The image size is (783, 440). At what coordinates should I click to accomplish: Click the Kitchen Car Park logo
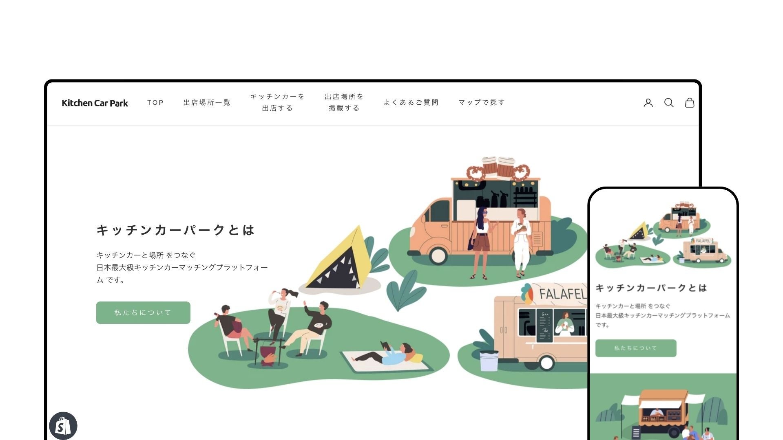click(95, 103)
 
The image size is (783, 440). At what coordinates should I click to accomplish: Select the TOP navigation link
click(155, 103)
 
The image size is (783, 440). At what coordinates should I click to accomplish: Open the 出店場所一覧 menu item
click(207, 103)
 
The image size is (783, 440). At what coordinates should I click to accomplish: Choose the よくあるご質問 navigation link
click(411, 103)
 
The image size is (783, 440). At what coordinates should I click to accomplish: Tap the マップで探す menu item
click(481, 103)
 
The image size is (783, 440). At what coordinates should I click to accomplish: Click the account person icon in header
click(648, 103)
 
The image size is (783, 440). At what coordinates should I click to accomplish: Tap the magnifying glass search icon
click(669, 103)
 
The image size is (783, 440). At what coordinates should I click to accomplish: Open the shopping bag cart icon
click(689, 103)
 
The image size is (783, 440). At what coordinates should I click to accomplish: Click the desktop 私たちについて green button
click(143, 312)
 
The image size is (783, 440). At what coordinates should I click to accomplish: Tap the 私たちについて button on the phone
click(635, 348)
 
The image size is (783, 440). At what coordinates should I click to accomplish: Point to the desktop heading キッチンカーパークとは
click(176, 230)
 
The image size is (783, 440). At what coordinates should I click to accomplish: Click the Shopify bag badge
click(63, 426)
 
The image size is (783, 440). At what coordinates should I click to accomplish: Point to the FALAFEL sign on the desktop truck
click(562, 293)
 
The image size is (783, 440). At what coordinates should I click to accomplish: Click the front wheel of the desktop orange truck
click(438, 255)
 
